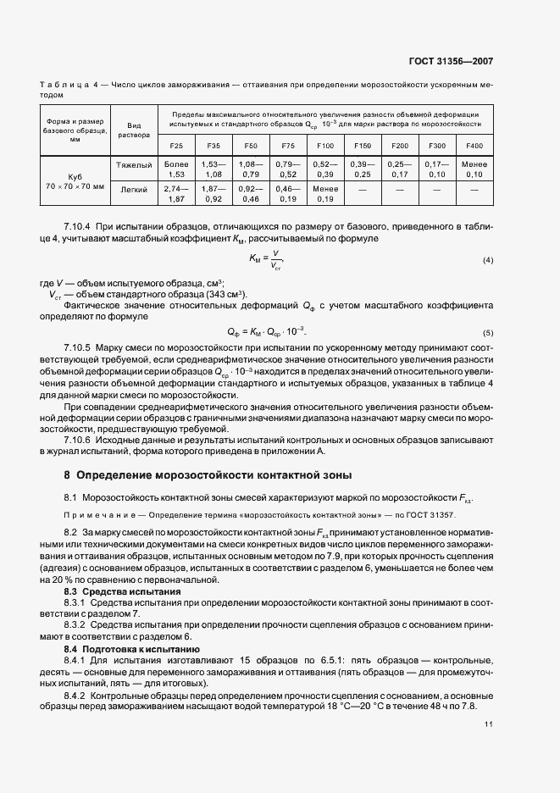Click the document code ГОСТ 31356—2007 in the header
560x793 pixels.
coord(452,62)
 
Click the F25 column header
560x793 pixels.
coord(176,146)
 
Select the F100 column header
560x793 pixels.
coord(325,146)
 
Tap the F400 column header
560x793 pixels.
coord(474,146)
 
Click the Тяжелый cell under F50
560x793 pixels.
coord(251,169)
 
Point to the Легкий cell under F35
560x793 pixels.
coord(213,194)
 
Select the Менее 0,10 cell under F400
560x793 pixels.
coord(474,169)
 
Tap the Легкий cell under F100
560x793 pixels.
coord(325,194)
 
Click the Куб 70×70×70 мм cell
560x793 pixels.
coord(75,181)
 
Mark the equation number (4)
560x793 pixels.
coord(487,259)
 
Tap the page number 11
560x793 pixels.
coord(488,724)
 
